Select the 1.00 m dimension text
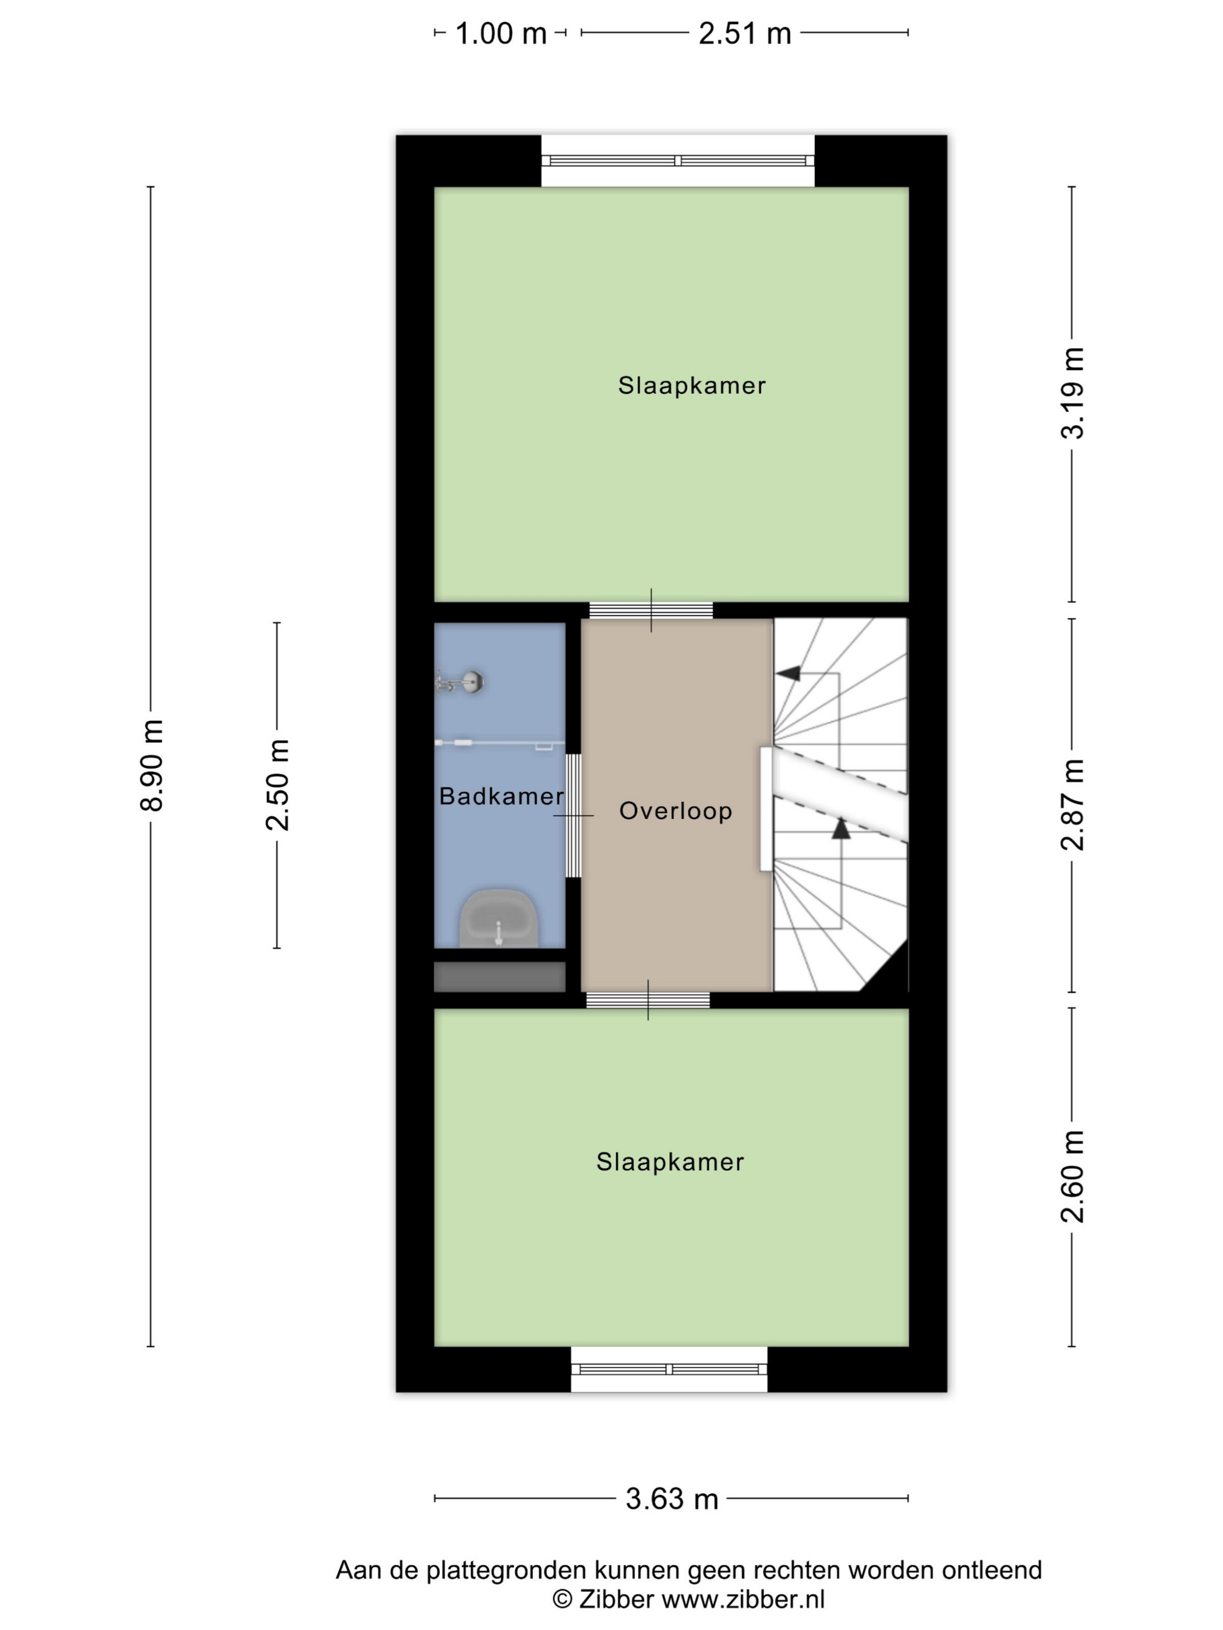click(500, 33)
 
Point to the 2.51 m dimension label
click(744, 33)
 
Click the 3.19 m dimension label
click(1073, 393)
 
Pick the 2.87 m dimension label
click(1073, 805)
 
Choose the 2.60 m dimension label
click(1073, 1177)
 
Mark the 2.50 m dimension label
click(278, 784)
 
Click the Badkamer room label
click(501, 796)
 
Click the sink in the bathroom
click(499, 917)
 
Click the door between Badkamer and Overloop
click(573, 815)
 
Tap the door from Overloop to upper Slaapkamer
click(651, 610)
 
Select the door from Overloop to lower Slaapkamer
click(648, 1000)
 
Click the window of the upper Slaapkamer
click(677, 161)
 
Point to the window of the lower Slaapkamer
click(669, 1369)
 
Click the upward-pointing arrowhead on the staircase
click(841, 828)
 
